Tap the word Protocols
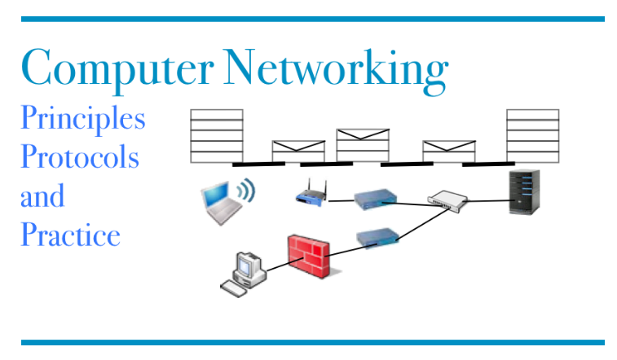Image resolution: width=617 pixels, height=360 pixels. click(x=79, y=156)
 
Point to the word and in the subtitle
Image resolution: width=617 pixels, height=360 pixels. click(x=42, y=196)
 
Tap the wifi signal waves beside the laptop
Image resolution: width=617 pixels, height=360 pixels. click(x=246, y=191)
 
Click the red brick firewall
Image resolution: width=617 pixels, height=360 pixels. click(x=306, y=255)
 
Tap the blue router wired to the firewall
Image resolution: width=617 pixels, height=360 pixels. click(x=377, y=238)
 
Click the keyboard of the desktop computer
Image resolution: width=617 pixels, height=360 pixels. click(x=234, y=287)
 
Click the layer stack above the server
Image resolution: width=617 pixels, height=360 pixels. click(x=533, y=135)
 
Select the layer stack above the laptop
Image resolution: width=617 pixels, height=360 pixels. click(x=216, y=135)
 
